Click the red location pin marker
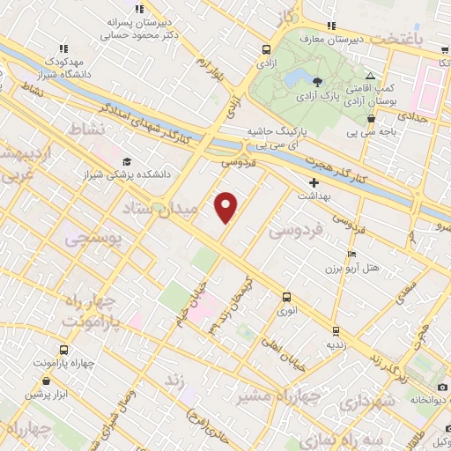point(227,206)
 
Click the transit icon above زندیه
point(335,332)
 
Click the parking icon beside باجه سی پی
point(368,121)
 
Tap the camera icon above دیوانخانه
point(441,388)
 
